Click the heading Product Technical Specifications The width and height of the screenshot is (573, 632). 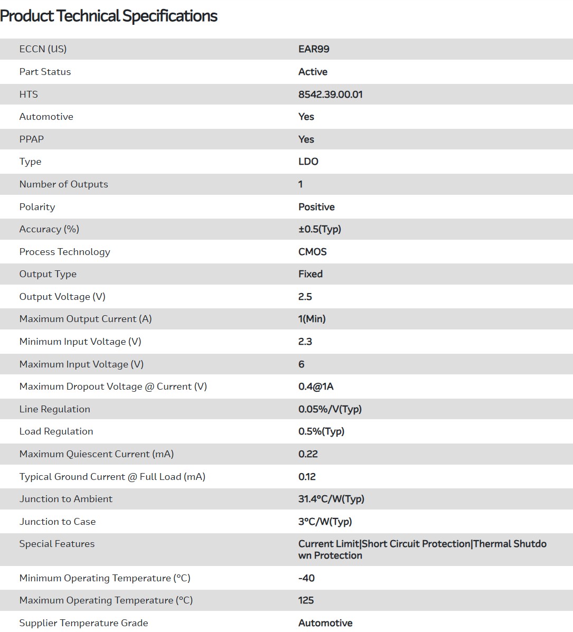pyautogui.click(x=109, y=16)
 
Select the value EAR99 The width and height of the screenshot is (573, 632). pyautogui.click(x=314, y=49)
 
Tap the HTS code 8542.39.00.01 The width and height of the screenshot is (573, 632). pyautogui.click(x=330, y=95)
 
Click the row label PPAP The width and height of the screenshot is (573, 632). pyautogui.click(x=32, y=139)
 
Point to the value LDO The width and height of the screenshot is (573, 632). pyautogui.click(x=308, y=162)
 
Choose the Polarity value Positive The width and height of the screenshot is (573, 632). pyautogui.click(x=316, y=207)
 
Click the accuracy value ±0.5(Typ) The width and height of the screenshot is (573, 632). pyautogui.click(x=320, y=229)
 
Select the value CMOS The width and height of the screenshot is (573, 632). pyautogui.click(x=312, y=252)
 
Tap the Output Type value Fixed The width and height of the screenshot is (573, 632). pyautogui.click(x=311, y=274)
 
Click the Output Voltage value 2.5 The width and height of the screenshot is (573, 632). pyautogui.click(x=305, y=297)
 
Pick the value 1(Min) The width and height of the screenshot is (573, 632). pyautogui.click(x=312, y=319)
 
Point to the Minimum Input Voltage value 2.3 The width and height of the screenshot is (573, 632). pyautogui.click(x=305, y=342)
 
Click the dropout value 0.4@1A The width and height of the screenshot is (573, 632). pyautogui.click(x=316, y=386)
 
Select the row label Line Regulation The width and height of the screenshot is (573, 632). pyautogui.click(x=54, y=409)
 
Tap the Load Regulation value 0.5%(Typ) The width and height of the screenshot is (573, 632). pyautogui.click(x=321, y=431)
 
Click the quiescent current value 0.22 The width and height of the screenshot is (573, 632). pyautogui.click(x=308, y=454)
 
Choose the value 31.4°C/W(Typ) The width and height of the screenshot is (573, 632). pyautogui.click(x=331, y=499)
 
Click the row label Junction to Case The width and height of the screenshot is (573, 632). pyautogui.click(x=58, y=522)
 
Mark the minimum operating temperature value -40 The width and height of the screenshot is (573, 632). pyautogui.click(x=306, y=578)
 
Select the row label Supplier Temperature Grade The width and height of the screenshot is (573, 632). pyautogui.click(x=83, y=623)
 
